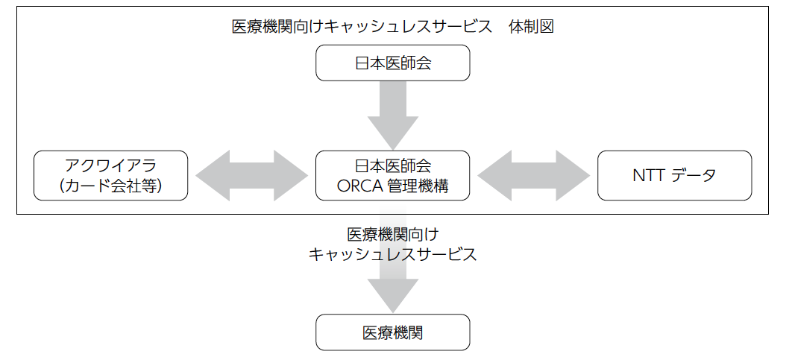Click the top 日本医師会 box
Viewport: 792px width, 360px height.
[x=392, y=63]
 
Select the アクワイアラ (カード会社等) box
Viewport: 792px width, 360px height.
[x=110, y=175]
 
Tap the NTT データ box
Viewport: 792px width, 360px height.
[x=674, y=175]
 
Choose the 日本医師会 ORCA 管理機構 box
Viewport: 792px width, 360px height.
[x=392, y=175]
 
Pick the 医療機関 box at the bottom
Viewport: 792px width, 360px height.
[x=392, y=332]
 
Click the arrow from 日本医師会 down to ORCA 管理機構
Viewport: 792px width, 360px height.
[x=392, y=116]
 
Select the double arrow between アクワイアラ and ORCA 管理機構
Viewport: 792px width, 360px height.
[x=251, y=175]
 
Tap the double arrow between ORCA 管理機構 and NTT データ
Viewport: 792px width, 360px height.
[x=533, y=175]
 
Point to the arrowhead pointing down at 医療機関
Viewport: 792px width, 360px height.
[x=392, y=295]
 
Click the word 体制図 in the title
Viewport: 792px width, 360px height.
[x=532, y=26]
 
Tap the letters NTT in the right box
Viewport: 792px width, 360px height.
[x=647, y=175]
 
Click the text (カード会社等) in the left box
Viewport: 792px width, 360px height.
[x=110, y=186]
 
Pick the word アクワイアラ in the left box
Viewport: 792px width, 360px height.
[x=110, y=165]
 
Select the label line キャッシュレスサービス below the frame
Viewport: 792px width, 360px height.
[x=392, y=254]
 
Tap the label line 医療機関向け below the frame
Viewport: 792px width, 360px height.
[x=392, y=234]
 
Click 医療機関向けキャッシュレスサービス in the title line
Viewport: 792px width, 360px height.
[x=362, y=26]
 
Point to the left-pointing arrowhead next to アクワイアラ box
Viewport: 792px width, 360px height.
[x=213, y=175]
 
